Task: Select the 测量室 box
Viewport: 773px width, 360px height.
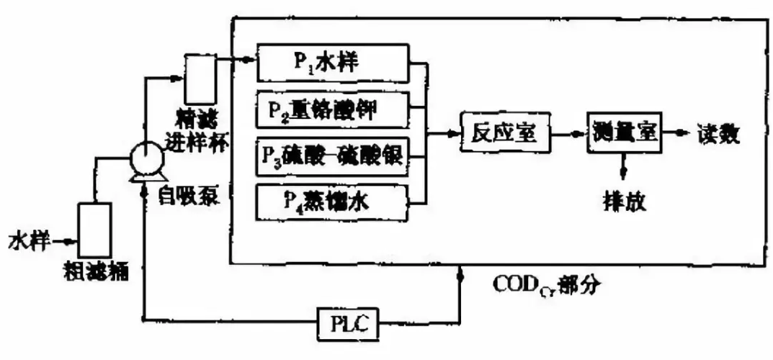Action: click(x=624, y=132)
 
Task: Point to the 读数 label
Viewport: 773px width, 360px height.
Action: click(x=718, y=133)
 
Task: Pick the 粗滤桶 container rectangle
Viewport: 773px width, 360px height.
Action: click(x=94, y=230)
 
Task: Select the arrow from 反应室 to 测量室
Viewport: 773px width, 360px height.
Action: click(x=569, y=134)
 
